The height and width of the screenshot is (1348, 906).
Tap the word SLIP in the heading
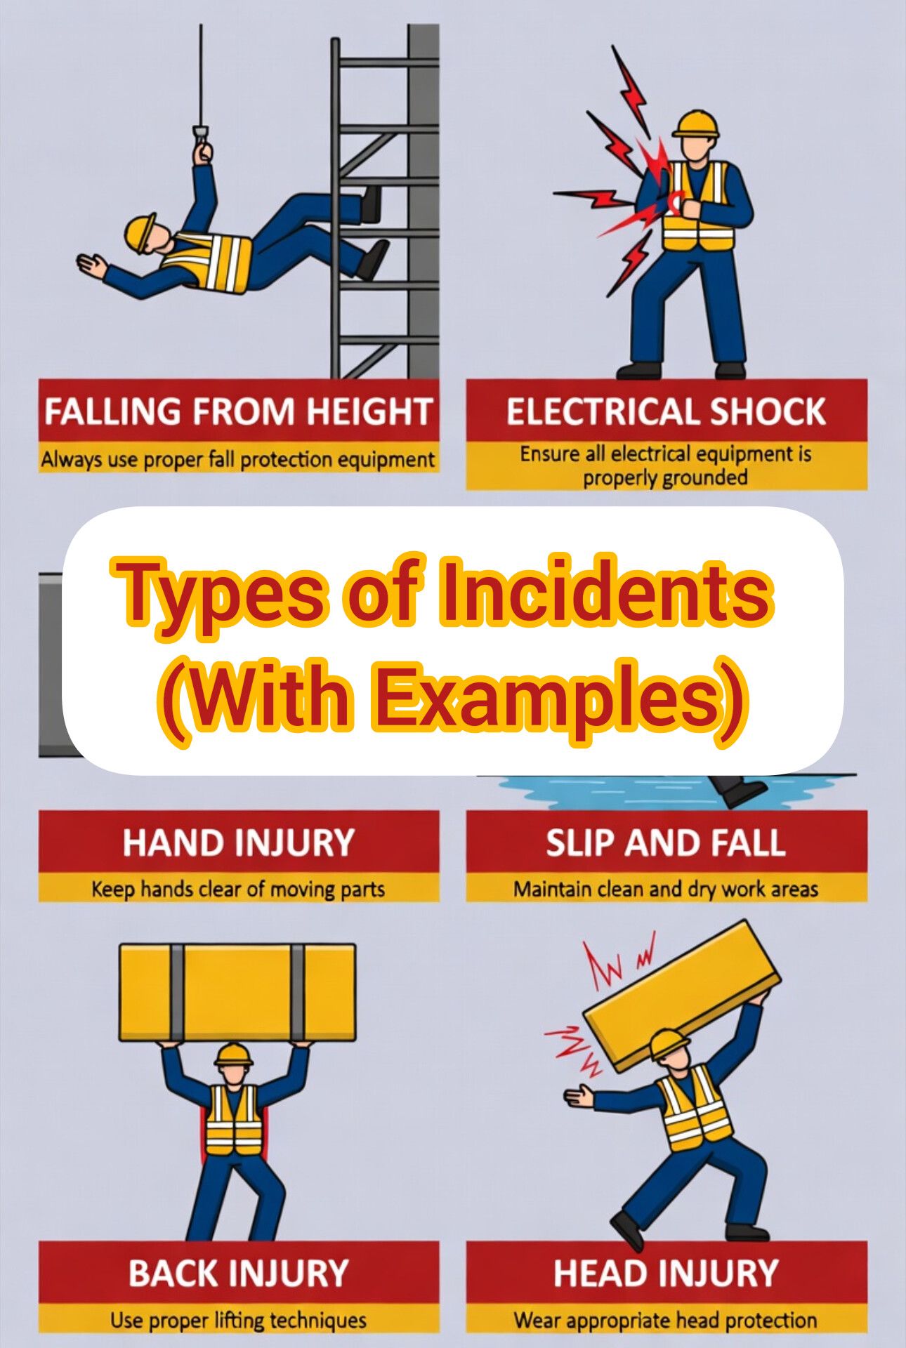click(579, 842)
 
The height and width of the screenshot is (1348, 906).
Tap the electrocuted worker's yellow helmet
click(696, 124)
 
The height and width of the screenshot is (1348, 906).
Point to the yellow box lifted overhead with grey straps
click(237, 991)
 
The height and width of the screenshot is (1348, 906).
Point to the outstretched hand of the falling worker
click(91, 265)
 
